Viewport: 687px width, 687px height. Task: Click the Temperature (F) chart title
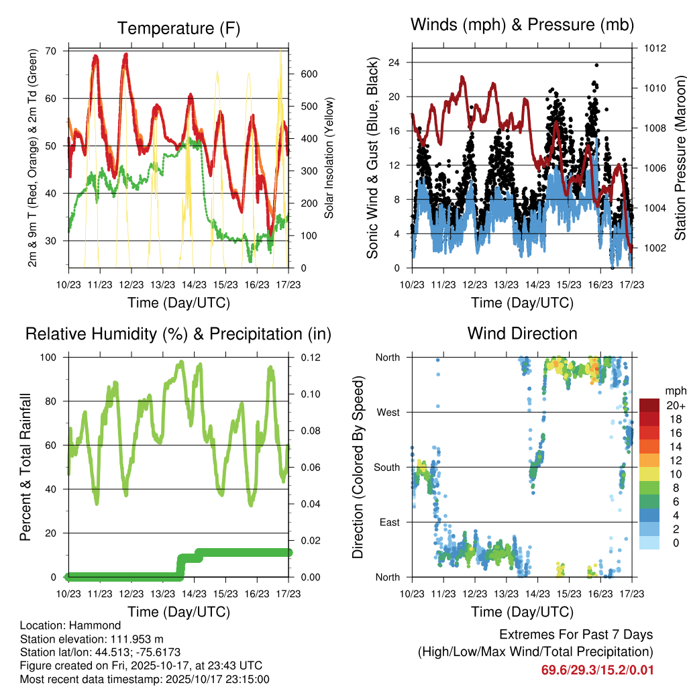(x=178, y=28)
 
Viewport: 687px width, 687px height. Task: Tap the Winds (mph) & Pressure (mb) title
(x=523, y=25)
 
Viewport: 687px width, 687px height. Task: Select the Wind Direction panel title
(x=522, y=333)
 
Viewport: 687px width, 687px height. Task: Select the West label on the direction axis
(x=388, y=412)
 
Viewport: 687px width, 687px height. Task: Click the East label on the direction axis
(x=388, y=522)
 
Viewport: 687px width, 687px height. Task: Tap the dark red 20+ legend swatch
(x=650, y=405)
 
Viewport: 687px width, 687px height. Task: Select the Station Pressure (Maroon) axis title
(x=680, y=157)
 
